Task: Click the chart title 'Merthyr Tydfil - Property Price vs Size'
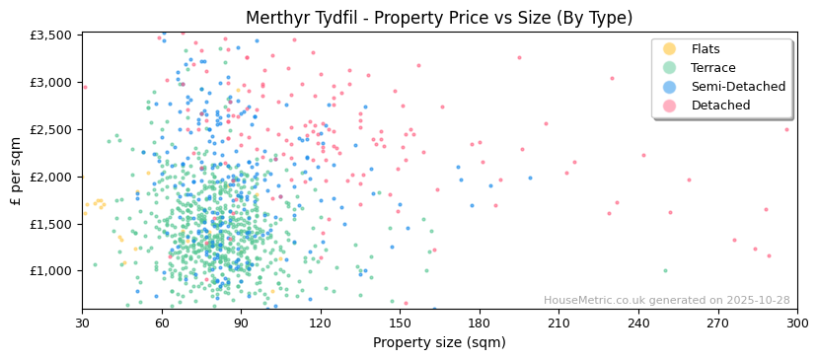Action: click(439, 18)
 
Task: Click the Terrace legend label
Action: click(713, 68)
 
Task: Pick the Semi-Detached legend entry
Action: click(738, 87)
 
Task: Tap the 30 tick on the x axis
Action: click(82, 324)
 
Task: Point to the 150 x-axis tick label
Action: click(400, 324)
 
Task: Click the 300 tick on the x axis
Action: click(796, 324)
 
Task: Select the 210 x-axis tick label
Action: click(558, 324)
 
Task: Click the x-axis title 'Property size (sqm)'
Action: click(439, 343)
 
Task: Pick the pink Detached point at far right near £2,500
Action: click(786, 129)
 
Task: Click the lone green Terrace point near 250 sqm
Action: click(665, 270)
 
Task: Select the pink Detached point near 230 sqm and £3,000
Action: click(612, 79)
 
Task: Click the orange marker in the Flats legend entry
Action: click(669, 49)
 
